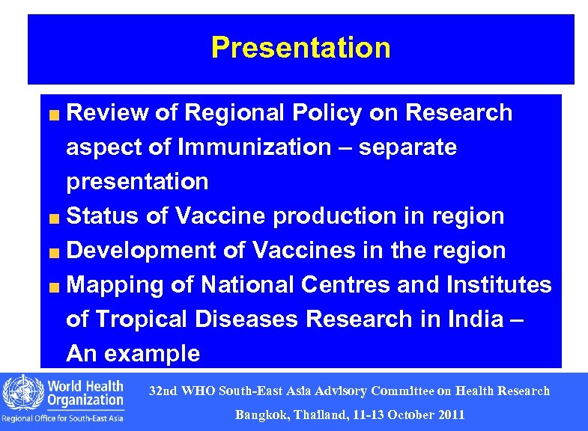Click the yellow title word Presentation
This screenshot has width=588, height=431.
tap(300, 47)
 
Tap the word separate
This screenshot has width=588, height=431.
tap(407, 147)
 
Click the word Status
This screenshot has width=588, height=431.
tap(103, 216)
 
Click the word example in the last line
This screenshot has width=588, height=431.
tap(155, 354)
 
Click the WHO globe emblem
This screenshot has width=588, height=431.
tap(22, 392)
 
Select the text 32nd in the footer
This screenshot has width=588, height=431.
tap(163, 391)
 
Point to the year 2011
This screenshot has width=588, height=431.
tap(452, 415)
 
